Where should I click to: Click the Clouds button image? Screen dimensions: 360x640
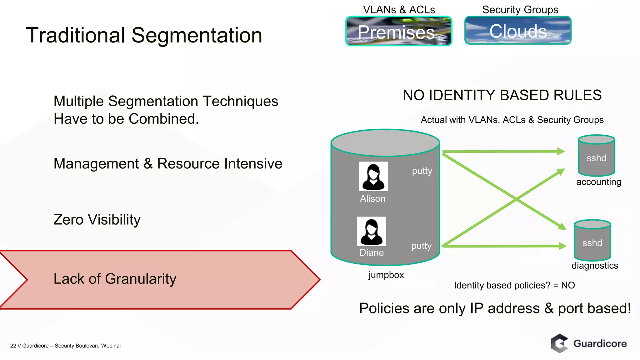point(518,31)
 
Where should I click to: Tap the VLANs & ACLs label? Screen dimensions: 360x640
point(399,10)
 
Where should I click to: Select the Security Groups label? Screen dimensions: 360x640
point(520,10)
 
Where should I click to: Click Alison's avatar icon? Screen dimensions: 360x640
point(373,176)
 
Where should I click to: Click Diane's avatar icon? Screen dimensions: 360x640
point(371,231)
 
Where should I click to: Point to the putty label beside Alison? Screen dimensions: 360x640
point(422,171)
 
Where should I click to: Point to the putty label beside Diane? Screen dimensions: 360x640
point(421,246)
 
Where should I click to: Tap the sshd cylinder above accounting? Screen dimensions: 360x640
point(596,156)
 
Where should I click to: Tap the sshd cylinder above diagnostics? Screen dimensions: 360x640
point(592,240)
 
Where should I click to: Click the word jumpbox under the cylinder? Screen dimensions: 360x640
point(386,275)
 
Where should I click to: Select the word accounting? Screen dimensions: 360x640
point(598,182)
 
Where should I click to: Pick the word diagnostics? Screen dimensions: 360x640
point(595,266)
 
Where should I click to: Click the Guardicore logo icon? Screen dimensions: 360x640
point(559,343)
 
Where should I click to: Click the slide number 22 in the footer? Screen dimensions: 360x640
point(13,346)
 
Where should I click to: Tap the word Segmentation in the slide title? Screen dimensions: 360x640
point(197,35)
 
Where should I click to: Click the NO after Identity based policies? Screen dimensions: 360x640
point(568,285)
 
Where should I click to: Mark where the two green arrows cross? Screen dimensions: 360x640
point(516,199)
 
